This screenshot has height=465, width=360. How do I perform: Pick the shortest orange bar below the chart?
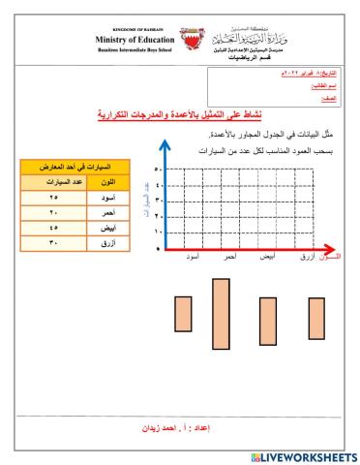[315, 316]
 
